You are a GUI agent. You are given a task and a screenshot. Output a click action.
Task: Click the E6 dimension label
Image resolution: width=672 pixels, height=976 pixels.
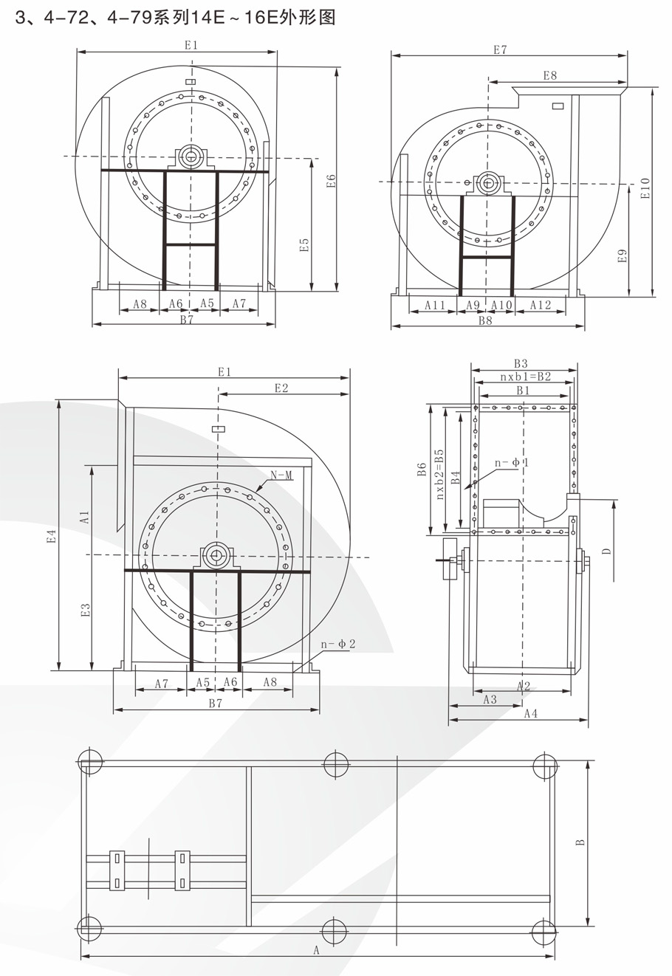332,181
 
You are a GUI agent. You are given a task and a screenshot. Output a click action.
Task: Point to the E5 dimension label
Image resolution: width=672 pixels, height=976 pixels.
304,244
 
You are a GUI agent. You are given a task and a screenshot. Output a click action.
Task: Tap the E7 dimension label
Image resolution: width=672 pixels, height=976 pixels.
500,50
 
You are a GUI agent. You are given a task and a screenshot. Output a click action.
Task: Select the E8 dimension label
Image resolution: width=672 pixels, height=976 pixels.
550,75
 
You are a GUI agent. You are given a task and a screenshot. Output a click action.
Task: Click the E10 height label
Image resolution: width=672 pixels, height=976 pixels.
645,188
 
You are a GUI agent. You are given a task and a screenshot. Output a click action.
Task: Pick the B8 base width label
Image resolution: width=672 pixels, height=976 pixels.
485,320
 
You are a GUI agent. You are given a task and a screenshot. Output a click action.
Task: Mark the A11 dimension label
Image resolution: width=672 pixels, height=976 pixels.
434,305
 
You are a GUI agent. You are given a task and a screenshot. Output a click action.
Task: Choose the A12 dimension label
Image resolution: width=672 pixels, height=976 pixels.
541,305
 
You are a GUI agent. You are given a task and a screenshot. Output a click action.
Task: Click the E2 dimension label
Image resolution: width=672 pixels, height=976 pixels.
281,388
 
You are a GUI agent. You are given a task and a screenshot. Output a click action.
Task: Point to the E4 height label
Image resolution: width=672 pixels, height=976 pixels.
52,535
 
